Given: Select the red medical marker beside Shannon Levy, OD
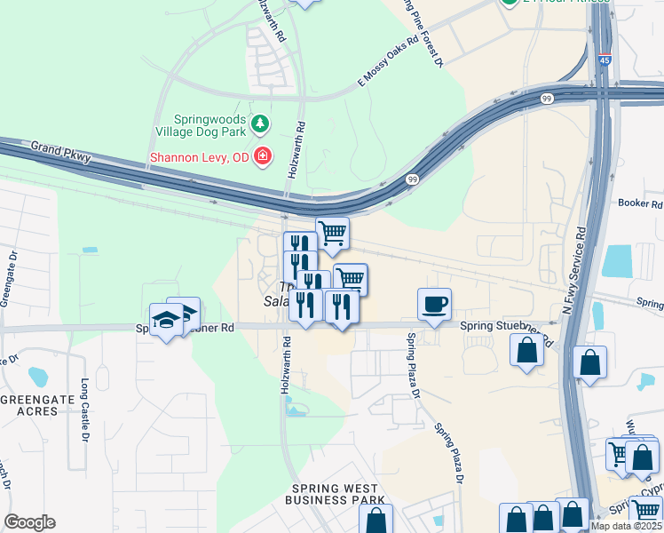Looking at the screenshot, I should pyautogui.click(x=262, y=158).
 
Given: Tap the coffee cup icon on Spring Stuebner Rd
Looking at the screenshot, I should pyautogui.click(x=434, y=304).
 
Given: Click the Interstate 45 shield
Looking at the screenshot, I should pyautogui.click(x=604, y=60).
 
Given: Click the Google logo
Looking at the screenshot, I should pyautogui.click(x=29, y=522).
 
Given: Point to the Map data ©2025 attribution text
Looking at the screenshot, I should pyautogui.click(x=627, y=526).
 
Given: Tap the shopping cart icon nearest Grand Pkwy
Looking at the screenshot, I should pyautogui.click(x=332, y=234).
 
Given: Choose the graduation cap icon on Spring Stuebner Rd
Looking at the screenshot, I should pyautogui.click(x=166, y=319).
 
